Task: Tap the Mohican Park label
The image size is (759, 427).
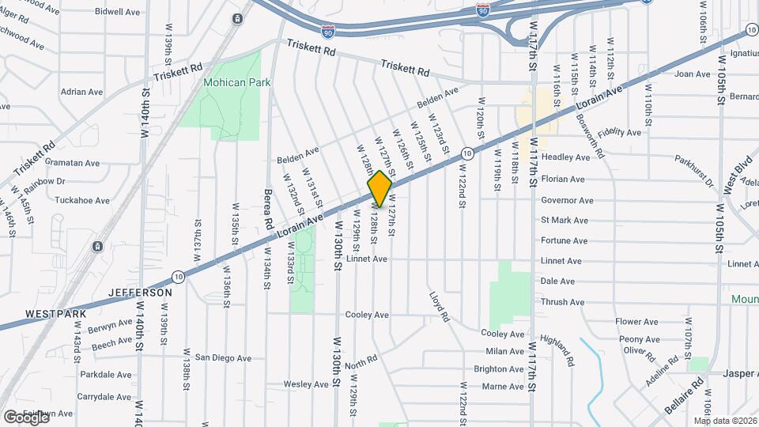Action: (x=237, y=82)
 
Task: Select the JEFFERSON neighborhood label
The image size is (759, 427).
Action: (x=142, y=293)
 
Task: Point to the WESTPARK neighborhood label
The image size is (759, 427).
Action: (x=55, y=314)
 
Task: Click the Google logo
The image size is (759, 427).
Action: (x=26, y=417)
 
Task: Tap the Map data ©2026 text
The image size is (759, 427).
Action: (x=725, y=421)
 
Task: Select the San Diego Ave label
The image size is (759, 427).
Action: (x=224, y=357)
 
